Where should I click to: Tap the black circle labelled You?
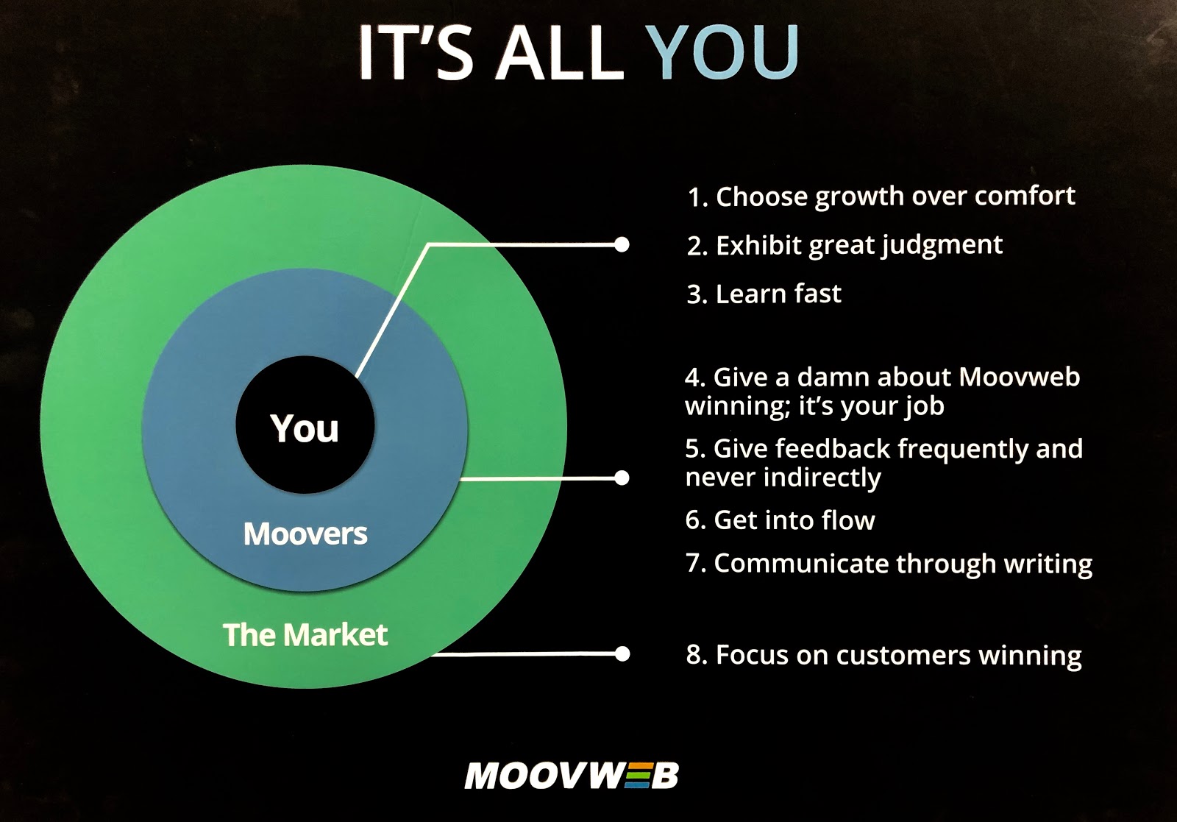click(x=305, y=425)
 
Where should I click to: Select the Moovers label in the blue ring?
click(x=305, y=534)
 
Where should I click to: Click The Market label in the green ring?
click(x=305, y=634)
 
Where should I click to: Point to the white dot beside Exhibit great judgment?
click(x=622, y=244)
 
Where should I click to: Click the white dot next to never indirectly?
click(x=622, y=478)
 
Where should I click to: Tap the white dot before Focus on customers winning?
click(x=622, y=653)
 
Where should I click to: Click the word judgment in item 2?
click(x=942, y=246)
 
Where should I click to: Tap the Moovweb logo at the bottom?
click(x=571, y=776)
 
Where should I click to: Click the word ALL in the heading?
click(x=558, y=52)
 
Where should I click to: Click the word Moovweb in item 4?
click(x=1019, y=377)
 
